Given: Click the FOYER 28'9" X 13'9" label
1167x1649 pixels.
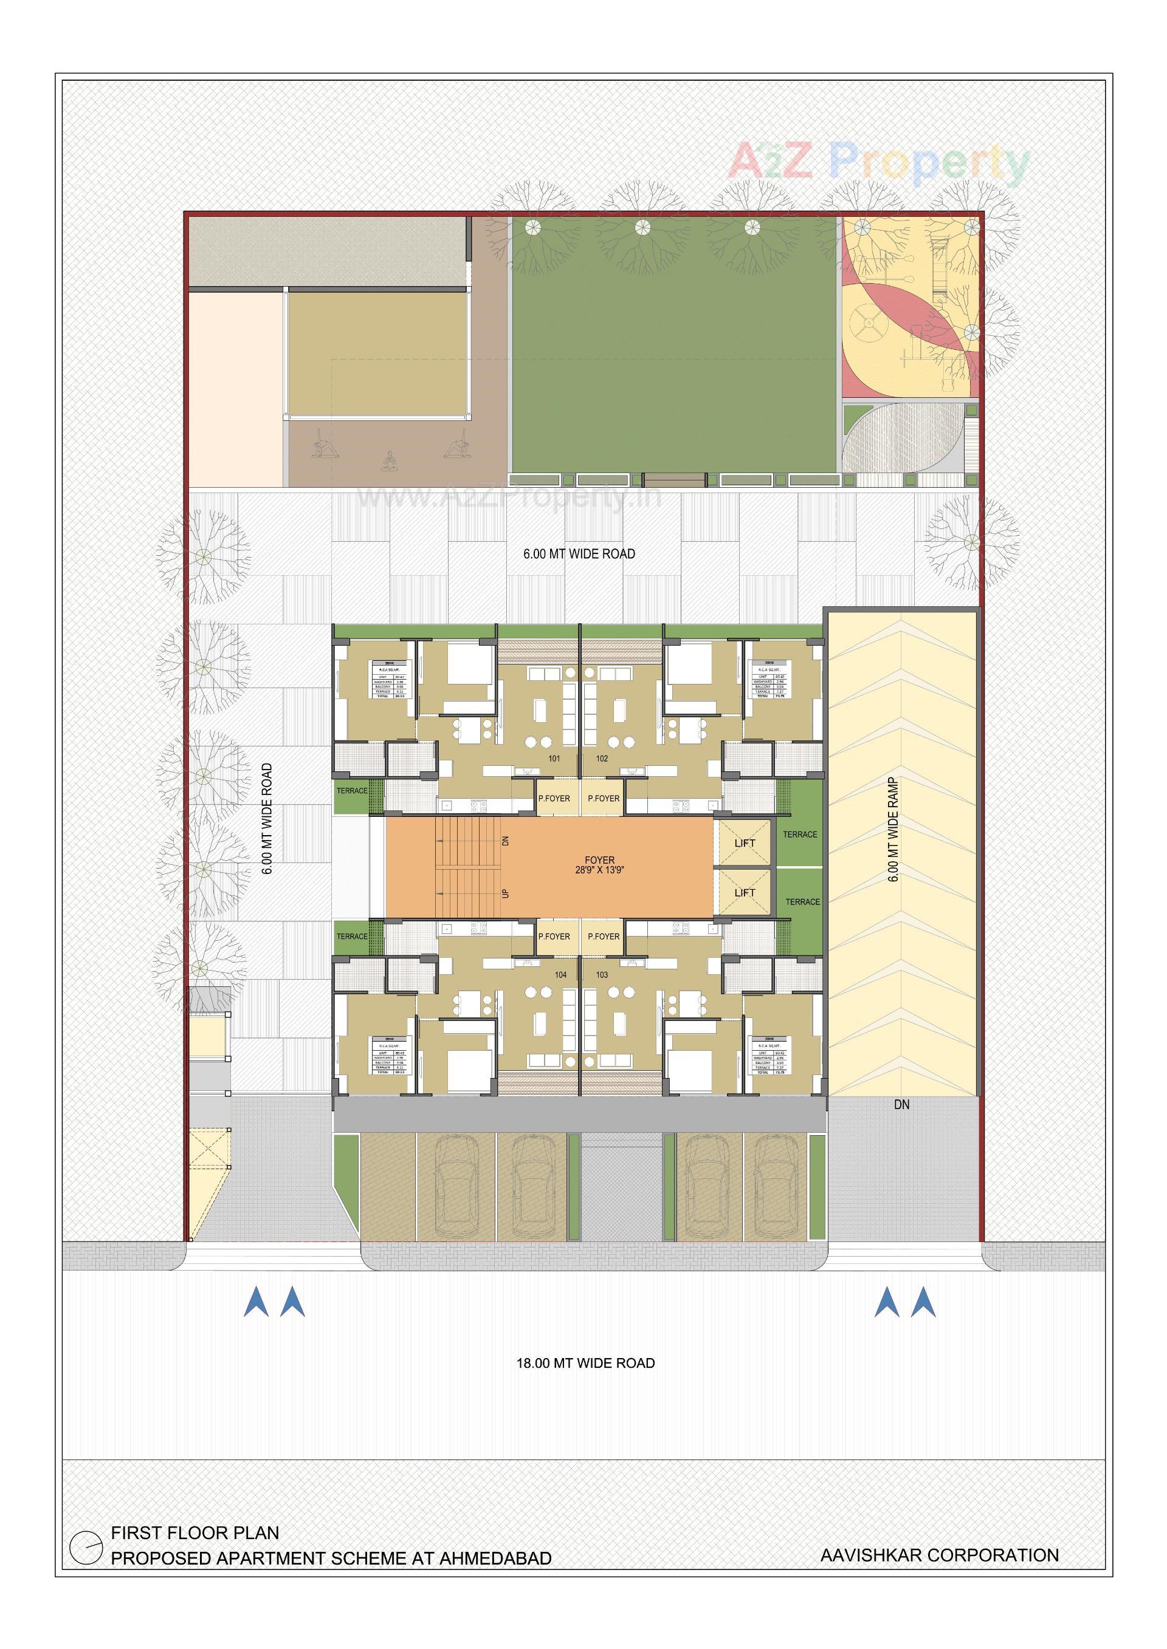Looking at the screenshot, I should click(x=599, y=865).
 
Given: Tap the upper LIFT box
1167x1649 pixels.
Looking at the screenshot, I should click(x=745, y=842).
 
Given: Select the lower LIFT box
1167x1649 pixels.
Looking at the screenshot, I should click(x=745, y=893).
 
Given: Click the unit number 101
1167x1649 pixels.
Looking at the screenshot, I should click(x=554, y=759).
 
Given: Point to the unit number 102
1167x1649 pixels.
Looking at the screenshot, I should click(x=602, y=759).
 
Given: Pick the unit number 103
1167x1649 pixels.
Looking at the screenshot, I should click(x=602, y=975).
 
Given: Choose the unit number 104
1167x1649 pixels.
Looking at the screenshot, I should click(x=560, y=975).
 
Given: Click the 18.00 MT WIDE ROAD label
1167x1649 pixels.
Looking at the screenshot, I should click(x=586, y=1363).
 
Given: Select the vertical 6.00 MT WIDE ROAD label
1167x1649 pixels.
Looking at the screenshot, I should click(x=267, y=819).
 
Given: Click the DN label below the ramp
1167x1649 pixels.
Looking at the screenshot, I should click(x=902, y=1105).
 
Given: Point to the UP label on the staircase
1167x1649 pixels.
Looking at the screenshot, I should click(x=504, y=893).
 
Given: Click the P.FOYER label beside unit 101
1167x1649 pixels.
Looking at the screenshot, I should click(x=554, y=798).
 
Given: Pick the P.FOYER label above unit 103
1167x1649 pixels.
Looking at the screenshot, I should click(x=604, y=937).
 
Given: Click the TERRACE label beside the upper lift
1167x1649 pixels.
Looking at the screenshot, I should click(x=800, y=835).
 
